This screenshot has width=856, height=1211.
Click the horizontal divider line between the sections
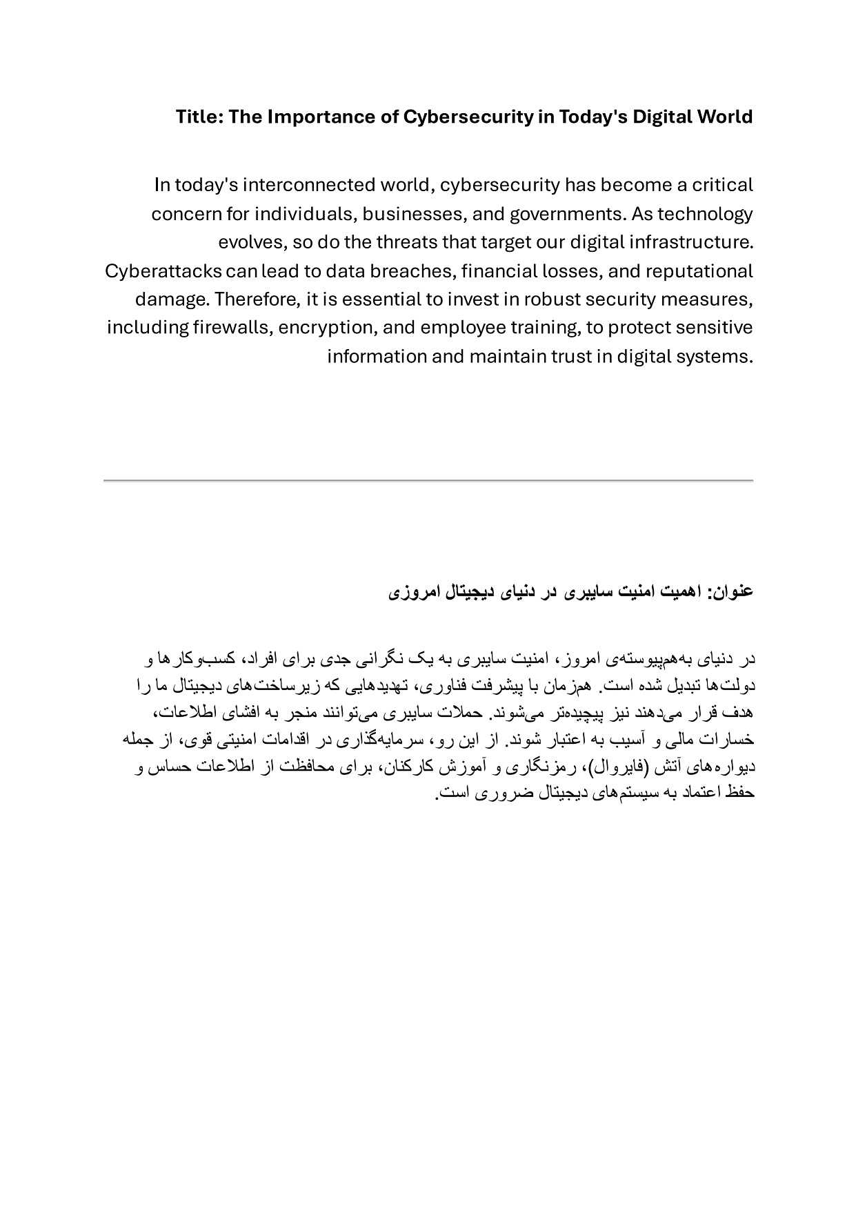428,480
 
